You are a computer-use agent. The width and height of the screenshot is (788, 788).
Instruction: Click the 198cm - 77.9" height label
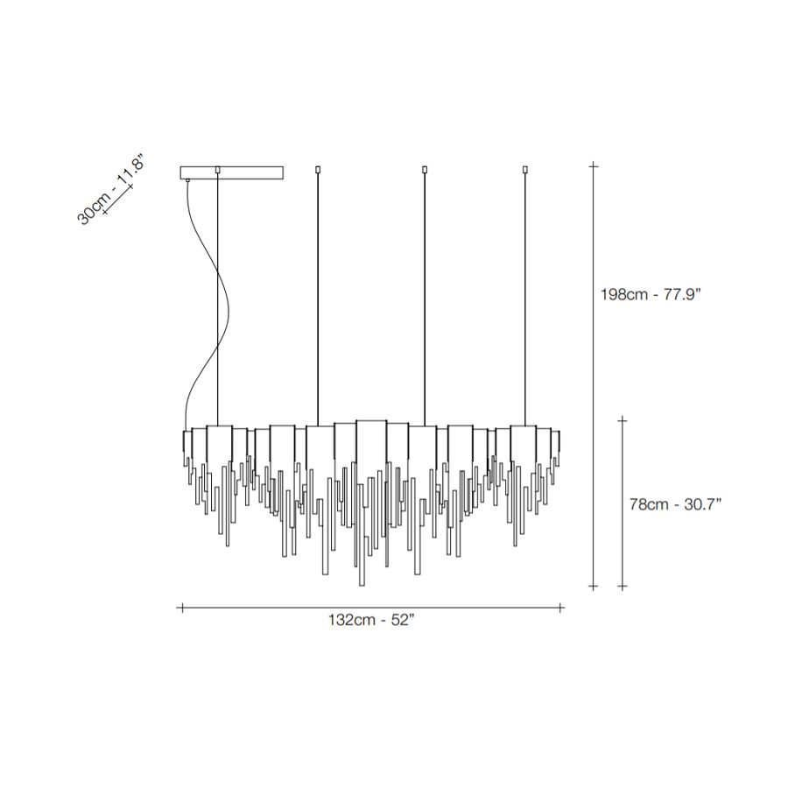(x=651, y=294)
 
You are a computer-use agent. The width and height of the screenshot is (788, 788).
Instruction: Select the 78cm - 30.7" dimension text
(x=675, y=504)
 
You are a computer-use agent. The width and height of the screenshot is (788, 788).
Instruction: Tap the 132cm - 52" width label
(x=371, y=620)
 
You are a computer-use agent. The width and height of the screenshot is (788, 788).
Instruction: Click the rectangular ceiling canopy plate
(x=232, y=172)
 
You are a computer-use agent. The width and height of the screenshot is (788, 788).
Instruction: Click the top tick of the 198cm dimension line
(x=594, y=165)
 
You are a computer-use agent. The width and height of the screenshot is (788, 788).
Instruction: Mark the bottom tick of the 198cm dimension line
(x=594, y=586)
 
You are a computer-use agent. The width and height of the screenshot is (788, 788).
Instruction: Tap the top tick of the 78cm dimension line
(x=623, y=420)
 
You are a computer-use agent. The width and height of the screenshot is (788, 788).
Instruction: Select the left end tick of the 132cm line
(x=182, y=609)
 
